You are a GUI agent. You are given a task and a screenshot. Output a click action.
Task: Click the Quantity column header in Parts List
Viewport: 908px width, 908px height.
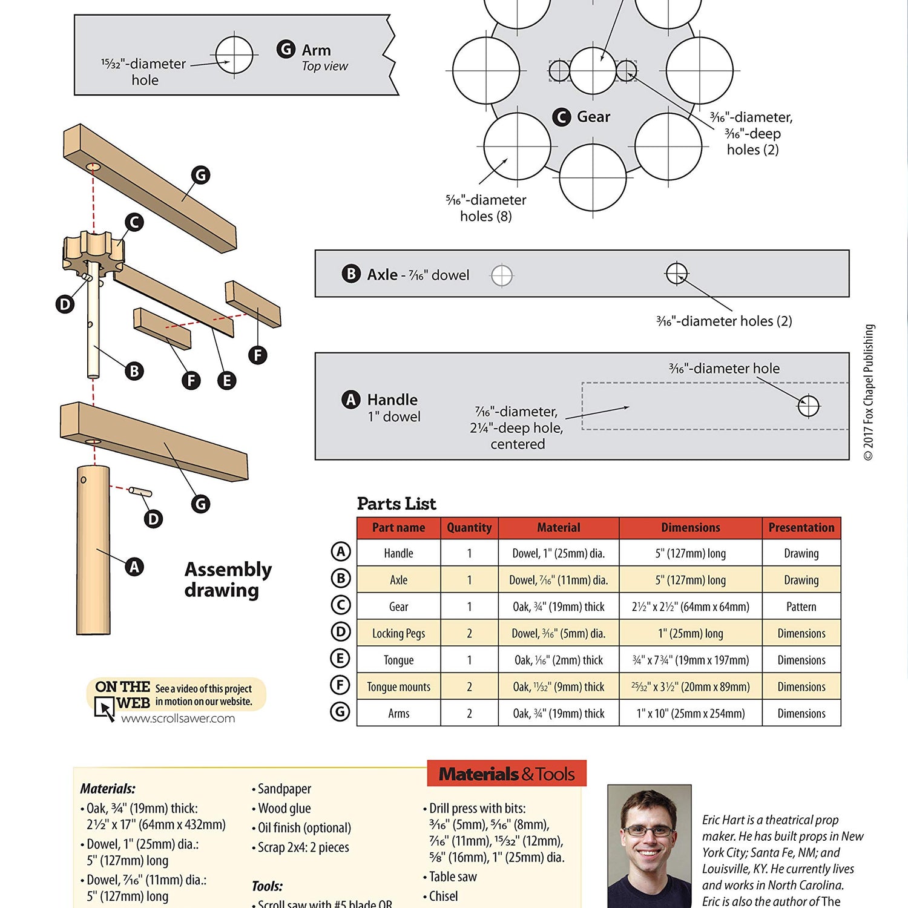(x=469, y=528)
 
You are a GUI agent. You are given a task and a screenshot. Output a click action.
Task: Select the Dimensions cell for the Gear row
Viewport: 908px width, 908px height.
(x=690, y=607)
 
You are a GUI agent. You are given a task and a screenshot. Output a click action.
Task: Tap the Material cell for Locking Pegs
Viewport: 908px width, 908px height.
(x=558, y=633)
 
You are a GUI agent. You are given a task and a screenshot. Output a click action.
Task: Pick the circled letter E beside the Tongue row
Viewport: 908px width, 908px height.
(x=340, y=659)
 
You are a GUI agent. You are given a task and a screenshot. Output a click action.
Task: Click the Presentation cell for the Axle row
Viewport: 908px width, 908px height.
(x=801, y=580)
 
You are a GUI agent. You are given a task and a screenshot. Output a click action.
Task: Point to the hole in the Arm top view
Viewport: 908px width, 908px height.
(x=234, y=55)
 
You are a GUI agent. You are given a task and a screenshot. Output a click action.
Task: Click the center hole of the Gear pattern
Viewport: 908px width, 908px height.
(x=593, y=71)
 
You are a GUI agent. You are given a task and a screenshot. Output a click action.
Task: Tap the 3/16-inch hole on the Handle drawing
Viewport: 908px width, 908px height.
(x=808, y=406)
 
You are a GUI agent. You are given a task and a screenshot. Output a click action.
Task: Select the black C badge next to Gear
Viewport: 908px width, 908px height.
(x=561, y=117)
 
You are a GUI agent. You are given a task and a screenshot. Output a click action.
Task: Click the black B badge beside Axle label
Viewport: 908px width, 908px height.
(x=350, y=274)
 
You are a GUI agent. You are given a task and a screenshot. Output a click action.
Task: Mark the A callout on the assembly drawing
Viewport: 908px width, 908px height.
(x=134, y=567)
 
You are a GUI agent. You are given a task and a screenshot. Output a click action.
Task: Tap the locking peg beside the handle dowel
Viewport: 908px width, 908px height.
(x=140, y=492)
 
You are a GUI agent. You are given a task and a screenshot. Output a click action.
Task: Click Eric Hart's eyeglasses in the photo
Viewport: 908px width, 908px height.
(x=648, y=831)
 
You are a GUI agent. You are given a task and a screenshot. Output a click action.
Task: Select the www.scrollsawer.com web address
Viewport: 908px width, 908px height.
(x=178, y=719)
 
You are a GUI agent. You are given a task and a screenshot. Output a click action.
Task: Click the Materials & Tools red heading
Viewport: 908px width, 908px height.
(x=507, y=774)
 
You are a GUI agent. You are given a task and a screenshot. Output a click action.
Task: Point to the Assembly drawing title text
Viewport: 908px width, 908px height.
(x=228, y=579)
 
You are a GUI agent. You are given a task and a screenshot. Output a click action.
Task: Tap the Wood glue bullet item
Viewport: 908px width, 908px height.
(x=284, y=808)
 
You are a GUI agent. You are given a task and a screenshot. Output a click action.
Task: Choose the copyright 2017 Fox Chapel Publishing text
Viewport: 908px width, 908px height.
(x=869, y=392)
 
